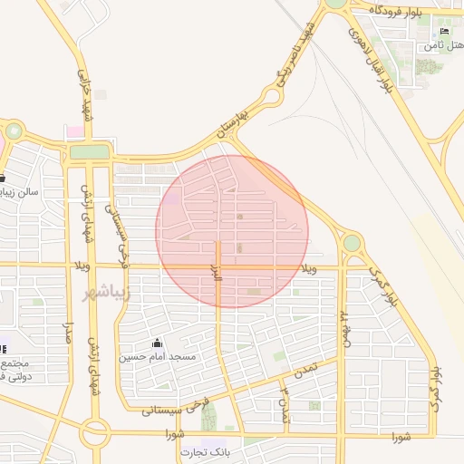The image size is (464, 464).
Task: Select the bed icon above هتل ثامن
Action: [x=444, y=31]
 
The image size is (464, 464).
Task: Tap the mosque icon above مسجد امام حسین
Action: [x=158, y=343]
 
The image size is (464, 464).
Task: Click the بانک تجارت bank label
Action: [x=201, y=451]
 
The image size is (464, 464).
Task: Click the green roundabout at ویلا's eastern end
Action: [x=352, y=243]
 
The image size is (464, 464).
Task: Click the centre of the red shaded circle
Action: [x=232, y=231]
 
